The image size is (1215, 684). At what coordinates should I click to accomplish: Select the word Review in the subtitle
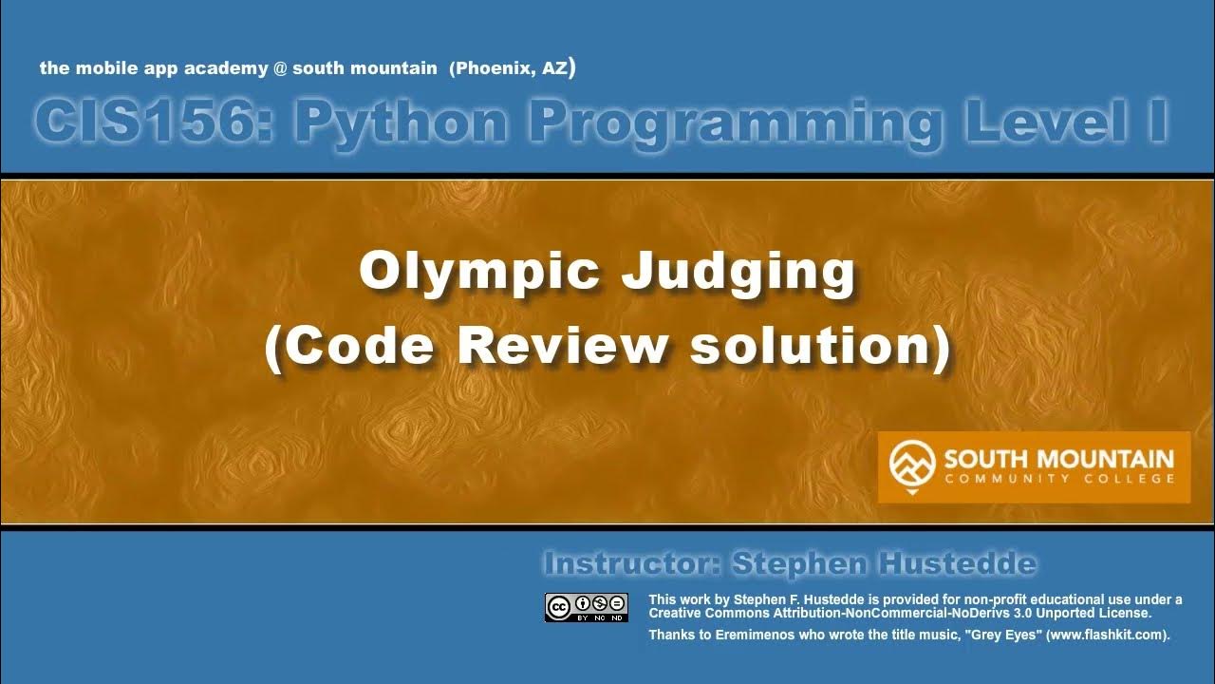tap(563, 347)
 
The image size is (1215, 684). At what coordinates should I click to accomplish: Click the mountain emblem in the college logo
tap(911, 465)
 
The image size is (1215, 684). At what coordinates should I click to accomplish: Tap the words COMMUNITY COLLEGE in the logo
tap(1058, 479)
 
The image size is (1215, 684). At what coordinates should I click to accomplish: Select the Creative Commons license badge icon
tap(586, 607)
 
